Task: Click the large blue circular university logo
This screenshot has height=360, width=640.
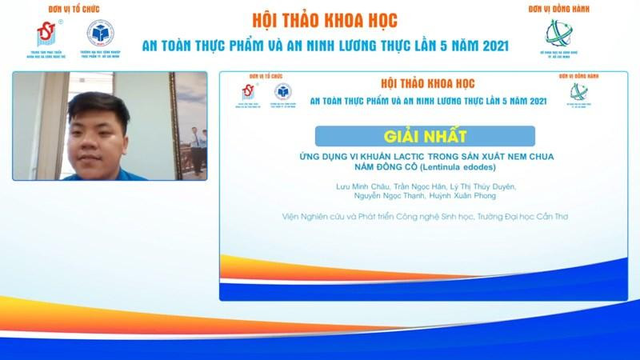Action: pos(101,35)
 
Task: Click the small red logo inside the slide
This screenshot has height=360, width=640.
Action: pos(242,93)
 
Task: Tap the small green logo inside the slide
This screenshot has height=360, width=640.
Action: pos(573,93)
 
